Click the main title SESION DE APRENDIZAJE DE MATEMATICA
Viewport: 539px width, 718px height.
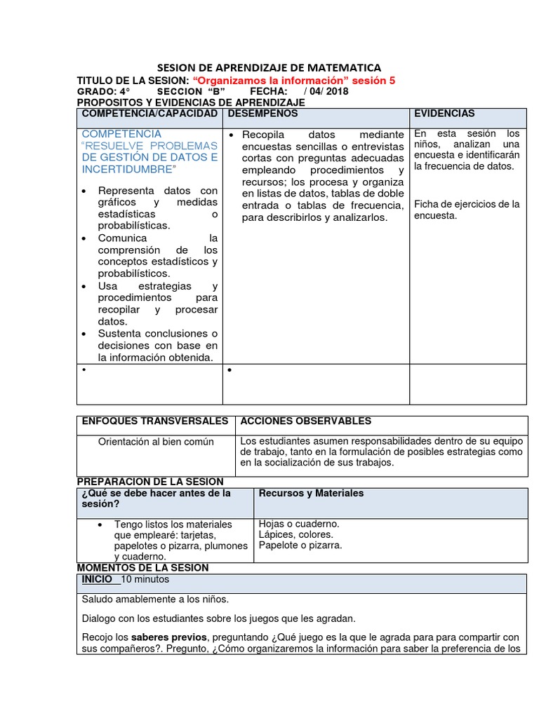[x=269, y=67]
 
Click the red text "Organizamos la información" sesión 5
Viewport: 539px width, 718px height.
[x=293, y=81]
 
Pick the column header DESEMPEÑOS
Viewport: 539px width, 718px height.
[x=263, y=114]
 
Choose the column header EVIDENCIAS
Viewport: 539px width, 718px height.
[x=444, y=114]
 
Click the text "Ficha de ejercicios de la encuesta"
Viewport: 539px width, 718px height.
[x=466, y=210]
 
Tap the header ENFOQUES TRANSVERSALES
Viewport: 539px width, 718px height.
[x=155, y=421]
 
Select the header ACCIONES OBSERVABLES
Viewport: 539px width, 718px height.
[x=306, y=421]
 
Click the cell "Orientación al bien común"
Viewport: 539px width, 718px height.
[x=156, y=442]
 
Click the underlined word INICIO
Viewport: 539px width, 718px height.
[x=97, y=580]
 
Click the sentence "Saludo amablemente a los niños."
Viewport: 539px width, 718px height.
[x=156, y=600]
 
